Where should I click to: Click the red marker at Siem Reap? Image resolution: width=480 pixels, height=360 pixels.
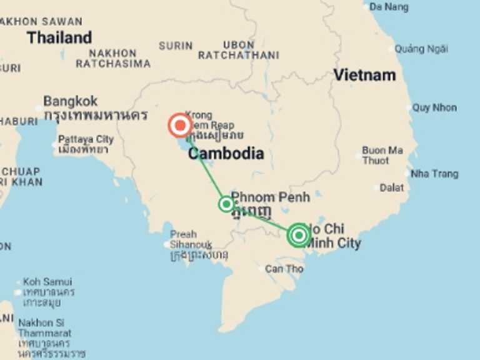pos(181,126)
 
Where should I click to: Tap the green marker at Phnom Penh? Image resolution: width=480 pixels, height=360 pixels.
pos(226,204)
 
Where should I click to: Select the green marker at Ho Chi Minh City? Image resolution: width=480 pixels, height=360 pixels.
pos(299,235)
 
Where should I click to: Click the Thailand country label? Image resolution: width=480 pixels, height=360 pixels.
pos(59,37)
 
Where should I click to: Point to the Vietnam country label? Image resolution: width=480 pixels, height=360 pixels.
pos(364,75)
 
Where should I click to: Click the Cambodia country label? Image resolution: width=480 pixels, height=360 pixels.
pos(226,154)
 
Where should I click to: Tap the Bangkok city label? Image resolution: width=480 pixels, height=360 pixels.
pos(71,101)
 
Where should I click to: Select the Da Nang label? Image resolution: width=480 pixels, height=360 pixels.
pos(389,7)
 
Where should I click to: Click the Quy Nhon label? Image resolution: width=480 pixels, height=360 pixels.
pos(434,107)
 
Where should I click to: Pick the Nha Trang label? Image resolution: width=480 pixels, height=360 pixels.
pos(434,174)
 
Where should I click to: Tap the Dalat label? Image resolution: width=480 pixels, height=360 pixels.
pos(392,187)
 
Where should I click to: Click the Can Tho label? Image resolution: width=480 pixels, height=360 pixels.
pos(284,269)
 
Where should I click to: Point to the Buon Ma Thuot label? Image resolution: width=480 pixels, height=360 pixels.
pos(382,156)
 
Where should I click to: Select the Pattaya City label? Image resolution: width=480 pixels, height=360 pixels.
pos(86,139)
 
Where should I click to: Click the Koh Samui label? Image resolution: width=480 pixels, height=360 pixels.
pos(47,282)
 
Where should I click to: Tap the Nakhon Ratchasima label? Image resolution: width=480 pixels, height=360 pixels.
pos(113,59)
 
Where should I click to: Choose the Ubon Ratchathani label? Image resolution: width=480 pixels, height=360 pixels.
pos(239,50)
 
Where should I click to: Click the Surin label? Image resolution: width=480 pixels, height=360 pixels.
pos(176,46)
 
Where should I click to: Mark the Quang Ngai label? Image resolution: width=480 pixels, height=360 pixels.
pos(421,49)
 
